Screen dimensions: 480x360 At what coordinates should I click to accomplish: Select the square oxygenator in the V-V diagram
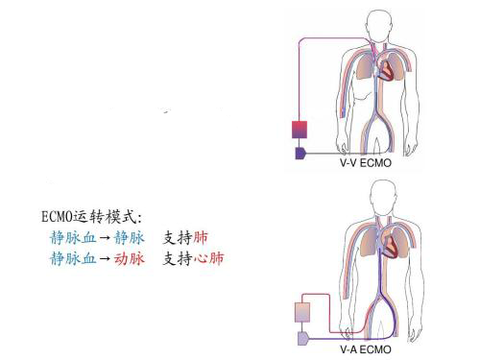pos(302,130)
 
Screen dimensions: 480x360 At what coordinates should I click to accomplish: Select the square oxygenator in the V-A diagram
pos(302,314)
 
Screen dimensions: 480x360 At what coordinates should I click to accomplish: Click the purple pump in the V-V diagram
pos(301,154)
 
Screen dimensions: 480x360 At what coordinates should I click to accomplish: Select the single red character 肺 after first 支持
pos(201,237)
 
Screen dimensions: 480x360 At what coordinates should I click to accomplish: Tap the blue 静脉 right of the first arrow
pos(127,237)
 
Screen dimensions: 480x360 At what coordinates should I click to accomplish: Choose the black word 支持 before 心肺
pos(178,259)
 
